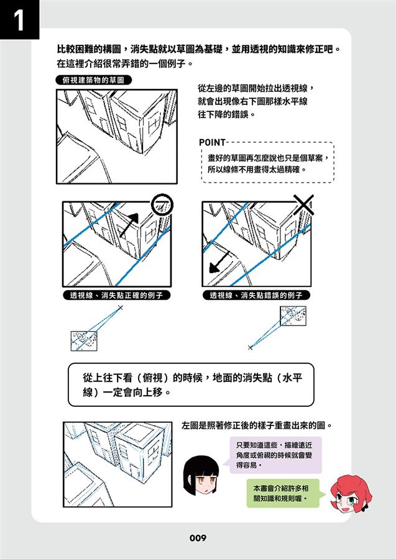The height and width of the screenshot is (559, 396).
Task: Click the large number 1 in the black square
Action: pos(19,20)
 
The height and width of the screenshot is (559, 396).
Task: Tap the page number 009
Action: pos(198,538)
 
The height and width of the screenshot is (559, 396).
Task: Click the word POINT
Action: pos(212,143)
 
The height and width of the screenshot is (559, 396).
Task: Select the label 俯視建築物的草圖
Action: pos(93,80)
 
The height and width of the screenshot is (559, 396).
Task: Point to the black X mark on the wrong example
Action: pos(303,204)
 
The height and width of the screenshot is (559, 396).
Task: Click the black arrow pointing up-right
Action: pos(129,225)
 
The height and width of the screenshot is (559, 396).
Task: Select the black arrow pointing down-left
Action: pos(219,261)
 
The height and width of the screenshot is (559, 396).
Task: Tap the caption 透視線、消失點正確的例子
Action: pos(117,296)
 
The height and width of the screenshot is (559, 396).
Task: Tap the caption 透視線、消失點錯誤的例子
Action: pos(256,296)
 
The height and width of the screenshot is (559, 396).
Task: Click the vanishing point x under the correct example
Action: pos(120,307)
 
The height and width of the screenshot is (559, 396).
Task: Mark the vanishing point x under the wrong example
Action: pos(250,347)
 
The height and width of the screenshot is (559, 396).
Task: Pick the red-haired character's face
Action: pos(350,494)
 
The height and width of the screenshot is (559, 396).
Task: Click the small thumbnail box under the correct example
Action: pos(84,341)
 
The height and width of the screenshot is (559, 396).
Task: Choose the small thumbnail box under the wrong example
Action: pos(293,316)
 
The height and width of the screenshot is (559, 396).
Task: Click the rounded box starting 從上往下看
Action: pos(191,384)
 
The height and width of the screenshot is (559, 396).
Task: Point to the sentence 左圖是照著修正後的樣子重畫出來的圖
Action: pos(257,425)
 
